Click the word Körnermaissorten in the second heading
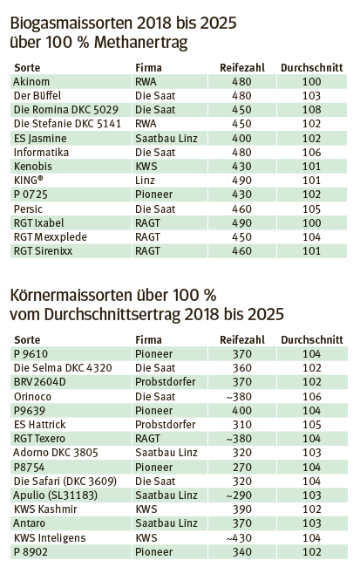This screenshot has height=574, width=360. coord(72,293)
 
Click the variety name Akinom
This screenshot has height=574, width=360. coord(32,81)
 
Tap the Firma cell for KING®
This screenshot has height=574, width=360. coord(145,181)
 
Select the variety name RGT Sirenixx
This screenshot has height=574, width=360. coord(44,251)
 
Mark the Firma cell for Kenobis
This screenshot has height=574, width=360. coord(146,166)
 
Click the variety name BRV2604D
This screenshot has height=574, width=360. coord(40,381)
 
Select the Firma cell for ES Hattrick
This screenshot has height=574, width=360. coord(166,424)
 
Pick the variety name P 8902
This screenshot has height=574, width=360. coord(31,551)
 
